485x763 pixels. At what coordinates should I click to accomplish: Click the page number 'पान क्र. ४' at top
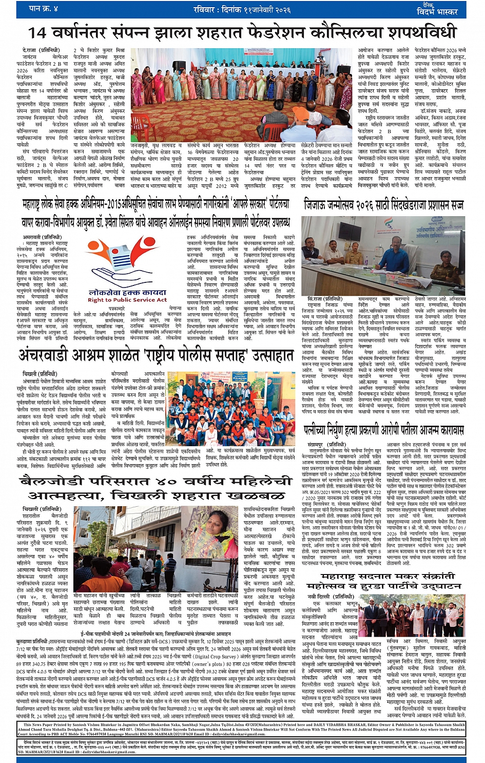[x=43, y=9]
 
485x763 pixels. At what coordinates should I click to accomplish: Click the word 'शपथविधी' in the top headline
[x=423, y=32]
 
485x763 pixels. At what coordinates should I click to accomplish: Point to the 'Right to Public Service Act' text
[x=127, y=300]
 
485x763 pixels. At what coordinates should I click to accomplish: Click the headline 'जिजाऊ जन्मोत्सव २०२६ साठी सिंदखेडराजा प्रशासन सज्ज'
[x=384, y=205]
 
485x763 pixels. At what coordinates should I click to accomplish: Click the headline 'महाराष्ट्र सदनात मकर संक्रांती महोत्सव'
[x=384, y=578]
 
